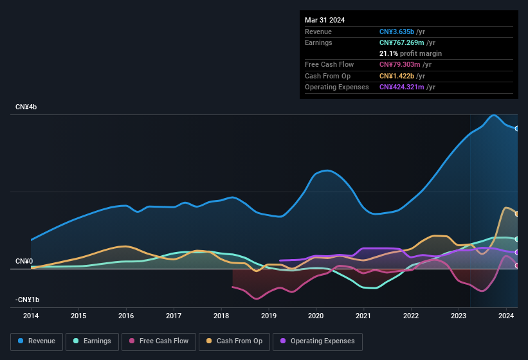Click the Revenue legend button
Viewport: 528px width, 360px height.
click(x=37, y=341)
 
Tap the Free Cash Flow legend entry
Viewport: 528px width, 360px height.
click(x=159, y=341)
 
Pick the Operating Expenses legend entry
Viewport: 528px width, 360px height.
click(x=317, y=341)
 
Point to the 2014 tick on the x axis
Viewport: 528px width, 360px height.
click(x=31, y=316)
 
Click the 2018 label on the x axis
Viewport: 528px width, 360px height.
click(x=221, y=316)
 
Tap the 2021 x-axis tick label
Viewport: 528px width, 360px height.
click(x=363, y=316)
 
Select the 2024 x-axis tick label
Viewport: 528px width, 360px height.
click(x=506, y=316)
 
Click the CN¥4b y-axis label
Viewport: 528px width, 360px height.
click(x=26, y=107)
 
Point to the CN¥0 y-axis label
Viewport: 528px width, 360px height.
click(x=24, y=261)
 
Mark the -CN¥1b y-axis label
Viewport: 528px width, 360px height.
click(x=28, y=300)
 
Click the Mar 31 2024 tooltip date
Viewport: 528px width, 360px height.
click(x=325, y=20)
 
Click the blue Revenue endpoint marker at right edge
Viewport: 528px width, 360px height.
click(x=517, y=129)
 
